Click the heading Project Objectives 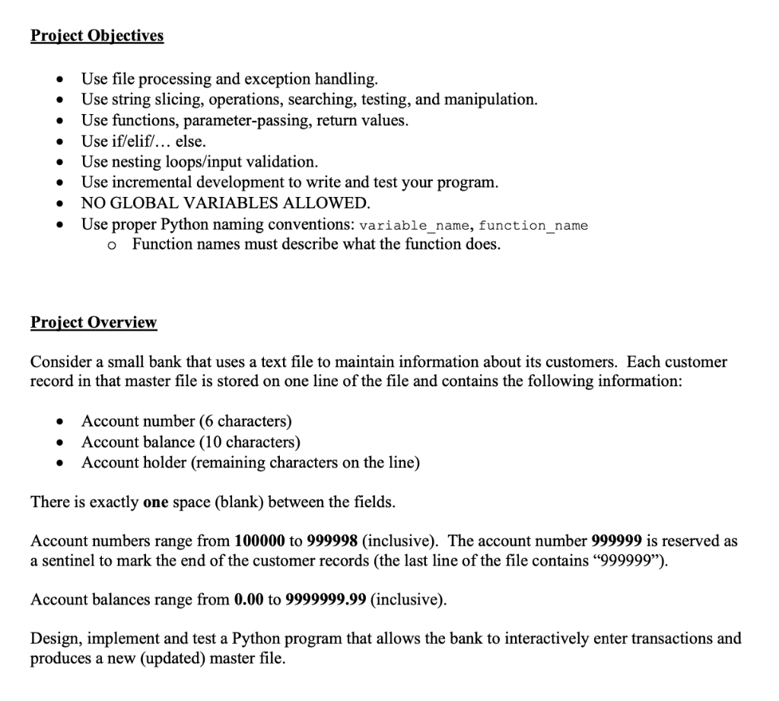(97, 36)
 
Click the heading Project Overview (94, 322)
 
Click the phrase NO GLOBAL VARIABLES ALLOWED (226, 203)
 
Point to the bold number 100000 (260, 541)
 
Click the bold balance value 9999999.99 (327, 599)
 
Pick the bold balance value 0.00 (250, 599)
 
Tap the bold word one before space (156, 503)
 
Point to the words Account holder (133, 462)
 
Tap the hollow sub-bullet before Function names (112, 245)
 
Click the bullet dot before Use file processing (59, 79)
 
